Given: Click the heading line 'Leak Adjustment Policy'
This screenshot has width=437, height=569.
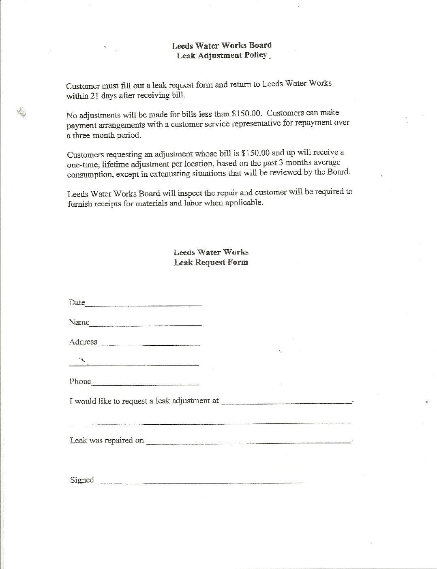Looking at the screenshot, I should [x=222, y=56].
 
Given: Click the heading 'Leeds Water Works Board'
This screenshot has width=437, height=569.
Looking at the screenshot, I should [x=221, y=45].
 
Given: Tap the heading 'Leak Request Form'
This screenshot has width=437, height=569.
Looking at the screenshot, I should [x=211, y=262].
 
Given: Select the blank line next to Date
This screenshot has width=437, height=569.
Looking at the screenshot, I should [x=144, y=304].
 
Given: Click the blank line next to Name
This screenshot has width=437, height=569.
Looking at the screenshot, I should [x=146, y=324].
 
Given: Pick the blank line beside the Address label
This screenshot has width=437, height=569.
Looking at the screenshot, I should [x=149, y=344].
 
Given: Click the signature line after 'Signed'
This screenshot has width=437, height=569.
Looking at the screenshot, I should [x=199, y=481].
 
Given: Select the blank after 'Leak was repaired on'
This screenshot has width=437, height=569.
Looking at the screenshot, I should [x=248, y=442].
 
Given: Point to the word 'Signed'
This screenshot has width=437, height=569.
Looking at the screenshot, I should [x=82, y=480].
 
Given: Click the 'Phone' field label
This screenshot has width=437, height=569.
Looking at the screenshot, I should [x=80, y=381].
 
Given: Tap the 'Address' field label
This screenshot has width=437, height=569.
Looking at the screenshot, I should [x=83, y=342].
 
